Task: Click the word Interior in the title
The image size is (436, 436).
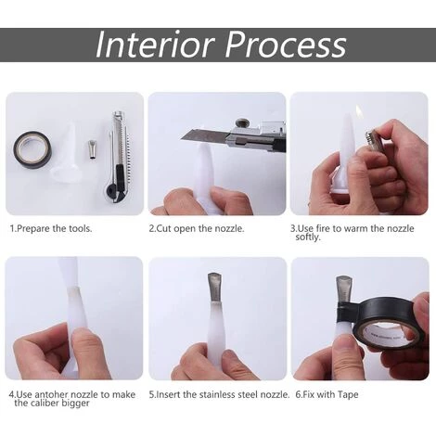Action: [155, 45]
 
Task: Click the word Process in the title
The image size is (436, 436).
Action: [286, 45]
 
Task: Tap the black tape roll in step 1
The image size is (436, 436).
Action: [32, 150]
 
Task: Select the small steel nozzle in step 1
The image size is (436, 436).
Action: [92, 149]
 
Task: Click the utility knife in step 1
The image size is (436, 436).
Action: [118, 157]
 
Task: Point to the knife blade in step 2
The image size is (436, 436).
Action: [204, 134]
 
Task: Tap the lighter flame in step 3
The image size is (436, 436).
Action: [359, 110]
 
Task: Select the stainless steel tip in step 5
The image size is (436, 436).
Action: [215, 289]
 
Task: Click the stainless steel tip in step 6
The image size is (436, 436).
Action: [344, 290]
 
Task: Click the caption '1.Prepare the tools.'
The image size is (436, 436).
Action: [51, 229]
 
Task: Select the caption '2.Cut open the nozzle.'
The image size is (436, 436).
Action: [197, 229]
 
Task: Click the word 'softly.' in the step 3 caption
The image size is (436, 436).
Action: [308, 237]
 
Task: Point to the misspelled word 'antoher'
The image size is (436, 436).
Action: [51, 394]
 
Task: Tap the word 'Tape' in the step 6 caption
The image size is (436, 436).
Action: [348, 395]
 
